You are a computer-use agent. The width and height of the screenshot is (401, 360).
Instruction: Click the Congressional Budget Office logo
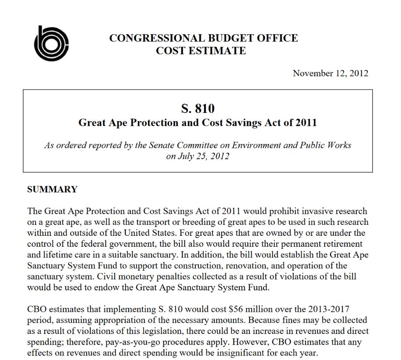point(51,43)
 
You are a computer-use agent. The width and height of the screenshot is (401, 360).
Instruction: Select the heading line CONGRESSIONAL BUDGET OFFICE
point(204,38)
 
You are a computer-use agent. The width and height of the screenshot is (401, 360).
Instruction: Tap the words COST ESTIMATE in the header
point(201,51)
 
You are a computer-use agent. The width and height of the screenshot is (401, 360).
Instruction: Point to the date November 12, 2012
point(331,73)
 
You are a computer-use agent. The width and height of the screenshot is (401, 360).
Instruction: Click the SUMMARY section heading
point(52,189)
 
